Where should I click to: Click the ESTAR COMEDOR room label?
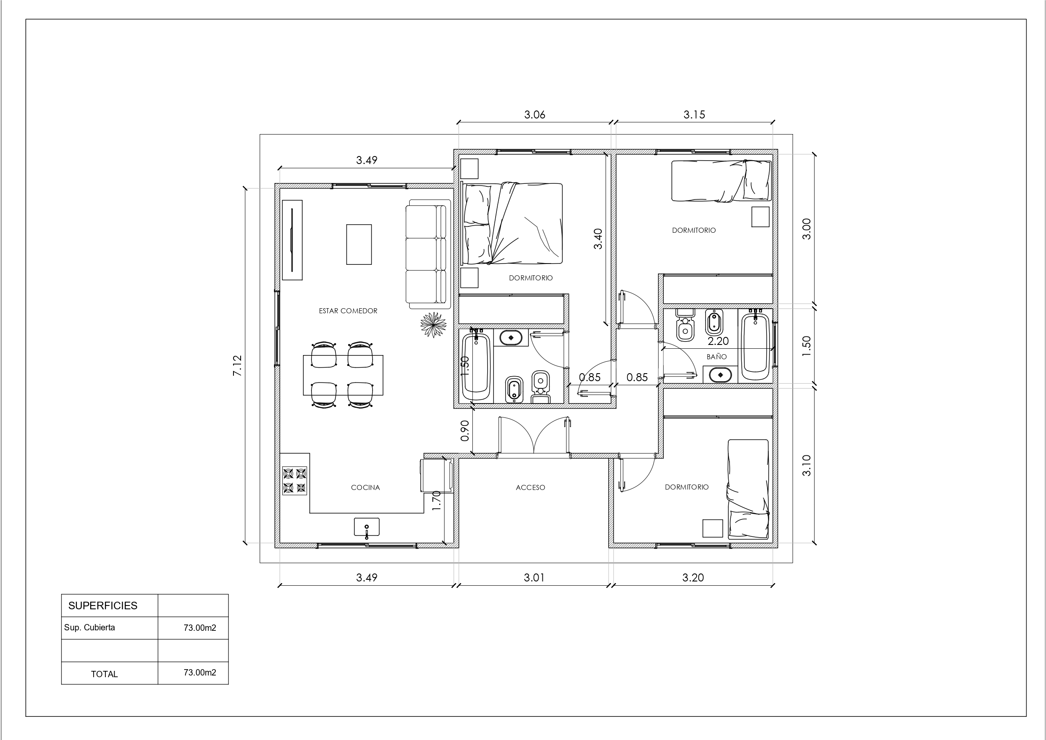pyautogui.click(x=348, y=311)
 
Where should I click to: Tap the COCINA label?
pyautogui.click(x=365, y=487)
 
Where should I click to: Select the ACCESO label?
pyautogui.click(x=530, y=487)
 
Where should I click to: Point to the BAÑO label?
pyautogui.click(x=716, y=357)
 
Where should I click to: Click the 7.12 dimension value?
pyautogui.click(x=238, y=365)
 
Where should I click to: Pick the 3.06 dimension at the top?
pyautogui.click(x=534, y=114)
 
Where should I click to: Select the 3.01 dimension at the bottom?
pyautogui.click(x=534, y=578)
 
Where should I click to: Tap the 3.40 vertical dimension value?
pyautogui.click(x=598, y=239)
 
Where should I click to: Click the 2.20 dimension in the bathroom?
pyautogui.click(x=718, y=341)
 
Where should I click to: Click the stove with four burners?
pyautogui.click(x=294, y=481)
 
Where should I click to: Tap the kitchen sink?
pyautogui.click(x=367, y=527)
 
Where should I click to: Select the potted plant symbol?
pyautogui.click(x=433, y=325)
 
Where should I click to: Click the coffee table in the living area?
pyautogui.click(x=359, y=245)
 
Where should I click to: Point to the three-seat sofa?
pyautogui.click(x=428, y=254)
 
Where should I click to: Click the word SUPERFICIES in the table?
pyautogui.click(x=102, y=605)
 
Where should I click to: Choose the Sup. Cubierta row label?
pyautogui.click(x=89, y=627)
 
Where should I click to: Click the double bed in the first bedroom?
pyautogui.click(x=512, y=223)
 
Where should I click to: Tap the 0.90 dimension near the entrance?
pyautogui.click(x=465, y=431)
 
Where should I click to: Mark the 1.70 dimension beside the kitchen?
pyautogui.click(x=436, y=500)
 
